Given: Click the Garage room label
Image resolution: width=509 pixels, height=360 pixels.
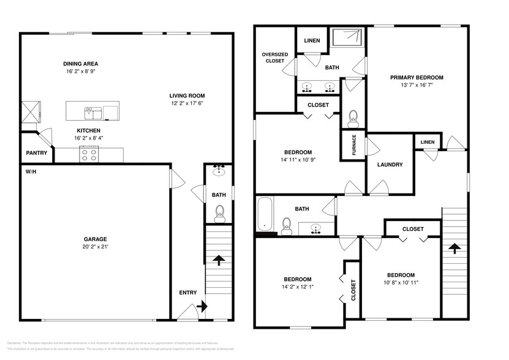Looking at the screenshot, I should [x=95, y=239].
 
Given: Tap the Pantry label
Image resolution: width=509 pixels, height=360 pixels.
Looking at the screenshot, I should [x=36, y=153].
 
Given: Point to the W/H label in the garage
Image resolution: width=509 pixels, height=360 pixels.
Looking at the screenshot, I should [x=31, y=171].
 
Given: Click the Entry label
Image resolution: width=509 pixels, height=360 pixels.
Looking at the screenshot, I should [x=188, y=293].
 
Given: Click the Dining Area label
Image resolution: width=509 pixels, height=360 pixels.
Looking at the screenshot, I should [x=81, y=64].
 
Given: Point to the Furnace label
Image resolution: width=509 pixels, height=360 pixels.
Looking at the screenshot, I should [x=353, y=146].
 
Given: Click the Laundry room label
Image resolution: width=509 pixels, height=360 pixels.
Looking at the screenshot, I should [x=390, y=165].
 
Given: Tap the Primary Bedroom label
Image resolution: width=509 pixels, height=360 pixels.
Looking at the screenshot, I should [x=417, y=78].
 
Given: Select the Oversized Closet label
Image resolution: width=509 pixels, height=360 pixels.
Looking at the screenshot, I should [x=275, y=58].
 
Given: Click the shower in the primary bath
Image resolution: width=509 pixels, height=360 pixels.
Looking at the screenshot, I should [x=349, y=37].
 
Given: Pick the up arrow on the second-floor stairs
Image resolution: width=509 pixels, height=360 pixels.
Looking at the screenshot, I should [x=454, y=248].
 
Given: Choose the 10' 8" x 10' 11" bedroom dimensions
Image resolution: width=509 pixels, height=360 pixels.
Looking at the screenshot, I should [x=401, y=283].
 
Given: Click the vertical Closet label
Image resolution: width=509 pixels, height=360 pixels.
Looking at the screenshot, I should [x=353, y=290].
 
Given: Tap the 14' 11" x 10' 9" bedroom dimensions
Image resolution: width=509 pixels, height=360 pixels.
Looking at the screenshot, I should [x=298, y=160].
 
